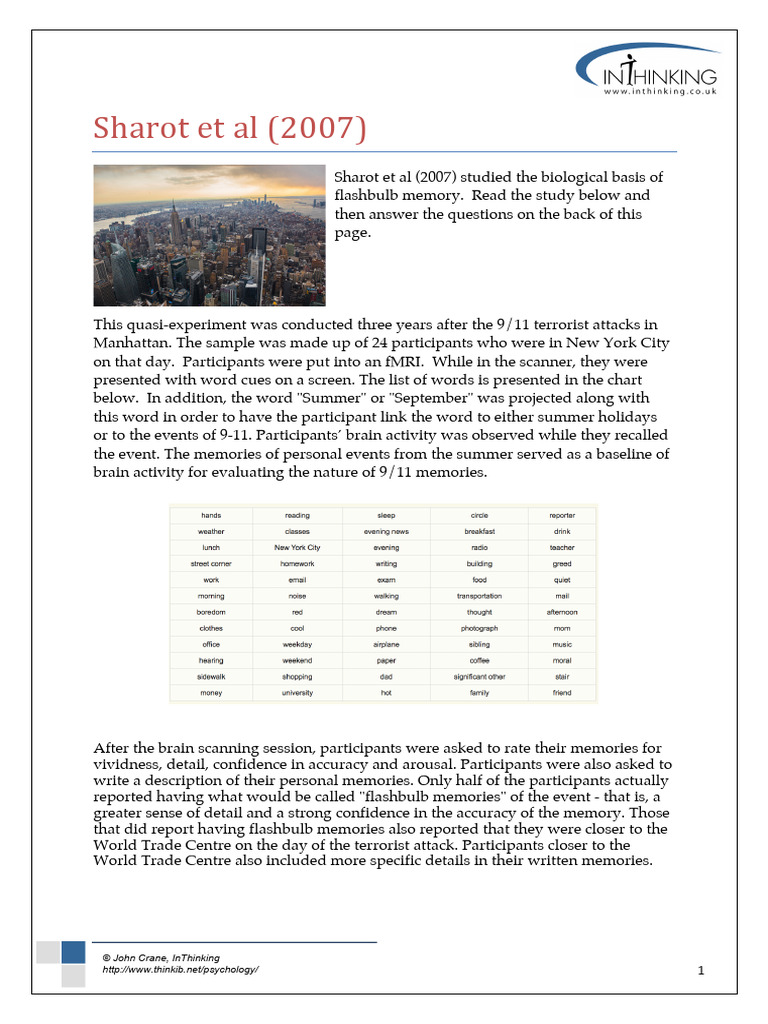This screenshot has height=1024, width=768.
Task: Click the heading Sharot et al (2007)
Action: (x=229, y=129)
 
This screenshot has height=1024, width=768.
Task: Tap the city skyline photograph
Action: (x=209, y=236)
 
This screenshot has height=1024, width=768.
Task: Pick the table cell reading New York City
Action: (x=297, y=548)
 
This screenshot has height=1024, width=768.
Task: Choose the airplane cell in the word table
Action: (x=386, y=645)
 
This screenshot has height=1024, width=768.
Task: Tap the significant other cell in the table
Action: (x=479, y=677)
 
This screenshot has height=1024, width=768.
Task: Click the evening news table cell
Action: (x=386, y=532)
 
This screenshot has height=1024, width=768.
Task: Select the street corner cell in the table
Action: (x=211, y=564)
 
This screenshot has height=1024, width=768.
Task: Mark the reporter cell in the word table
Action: (x=562, y=516)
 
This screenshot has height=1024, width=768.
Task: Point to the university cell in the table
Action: (x=297, y=693)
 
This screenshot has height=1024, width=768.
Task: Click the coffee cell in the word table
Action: (x=479, y=661)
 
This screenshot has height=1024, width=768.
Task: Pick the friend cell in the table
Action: (x=562, y=693)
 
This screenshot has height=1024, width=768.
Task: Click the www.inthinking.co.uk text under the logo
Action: (x=659, y=92)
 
